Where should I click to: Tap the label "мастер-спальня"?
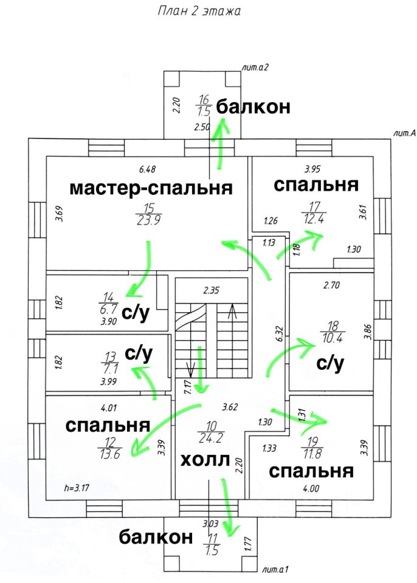tap(151, 188)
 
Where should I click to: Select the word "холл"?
tap(205, 460)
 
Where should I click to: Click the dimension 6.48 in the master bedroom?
tap(148, 168)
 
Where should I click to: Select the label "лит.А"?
tap(404, 133)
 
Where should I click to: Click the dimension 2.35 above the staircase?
tap(211, 290)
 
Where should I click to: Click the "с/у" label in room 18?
tap(330, 364)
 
